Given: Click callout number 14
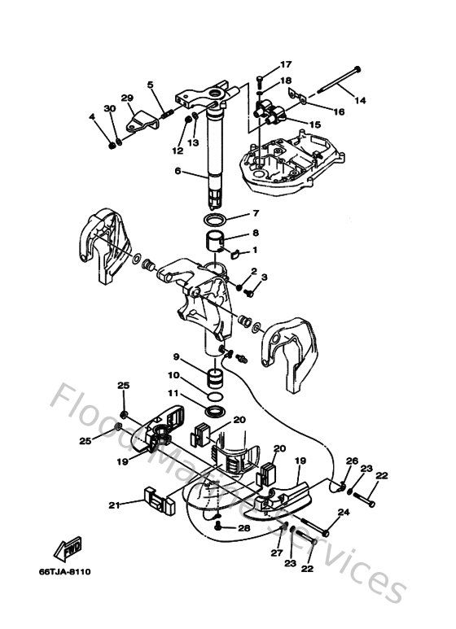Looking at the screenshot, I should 359,100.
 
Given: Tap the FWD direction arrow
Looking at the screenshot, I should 64,549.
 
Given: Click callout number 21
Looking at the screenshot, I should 115,505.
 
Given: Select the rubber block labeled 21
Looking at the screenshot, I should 155,498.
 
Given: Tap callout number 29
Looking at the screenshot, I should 127,98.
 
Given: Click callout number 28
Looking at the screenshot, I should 243,529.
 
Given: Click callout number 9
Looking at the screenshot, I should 175,356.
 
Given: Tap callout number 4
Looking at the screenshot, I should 92,117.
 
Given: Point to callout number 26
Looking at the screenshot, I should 352,461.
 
